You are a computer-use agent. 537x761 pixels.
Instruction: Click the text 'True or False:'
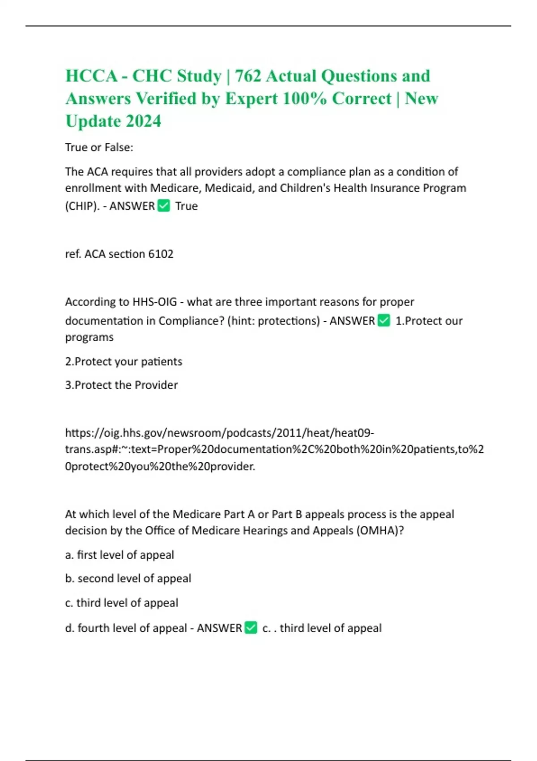coord(99,147)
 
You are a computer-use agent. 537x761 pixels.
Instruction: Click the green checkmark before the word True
coord(164,206)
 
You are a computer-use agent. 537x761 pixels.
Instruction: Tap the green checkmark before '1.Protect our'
coord(384,321)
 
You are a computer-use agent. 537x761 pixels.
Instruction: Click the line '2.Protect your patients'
coord(124,361)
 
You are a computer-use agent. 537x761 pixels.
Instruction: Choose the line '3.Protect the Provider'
coord(121,385)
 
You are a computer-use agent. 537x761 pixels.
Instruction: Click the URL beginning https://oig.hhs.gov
coord(219,433)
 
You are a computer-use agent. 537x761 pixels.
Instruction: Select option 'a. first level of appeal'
coord(119,555)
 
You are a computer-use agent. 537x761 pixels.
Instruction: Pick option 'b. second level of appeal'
coord(128,578)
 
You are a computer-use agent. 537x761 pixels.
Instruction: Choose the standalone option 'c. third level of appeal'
coord(121,603)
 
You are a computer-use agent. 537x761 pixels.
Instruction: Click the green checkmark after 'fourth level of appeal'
coord(251,628)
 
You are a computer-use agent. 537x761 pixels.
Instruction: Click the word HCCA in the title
coord(91,76)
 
